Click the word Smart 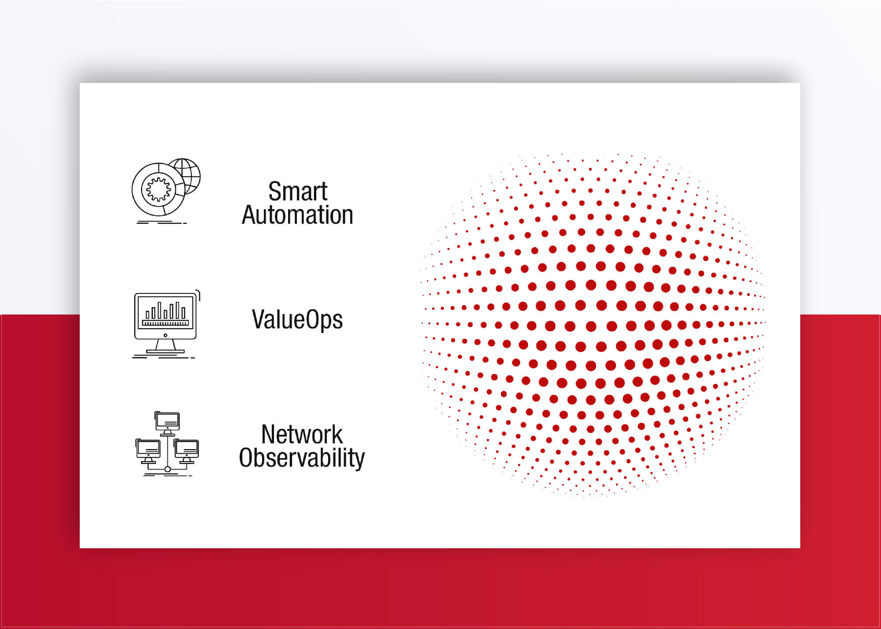pos(298,192)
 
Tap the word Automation pos(298,215)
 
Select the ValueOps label pos(297,320)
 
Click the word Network pos(302,434)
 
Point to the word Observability pos(302,458)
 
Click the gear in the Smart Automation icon pos(158,189)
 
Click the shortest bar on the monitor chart pos(148,314)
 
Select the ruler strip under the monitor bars pos(165,323)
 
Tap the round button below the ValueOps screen pos(165,336)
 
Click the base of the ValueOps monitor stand pos(165,351)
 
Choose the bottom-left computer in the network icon pos(148,450)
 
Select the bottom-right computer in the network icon pos(186,450)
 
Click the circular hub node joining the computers pos(167,470)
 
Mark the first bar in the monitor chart pos(148,314)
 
